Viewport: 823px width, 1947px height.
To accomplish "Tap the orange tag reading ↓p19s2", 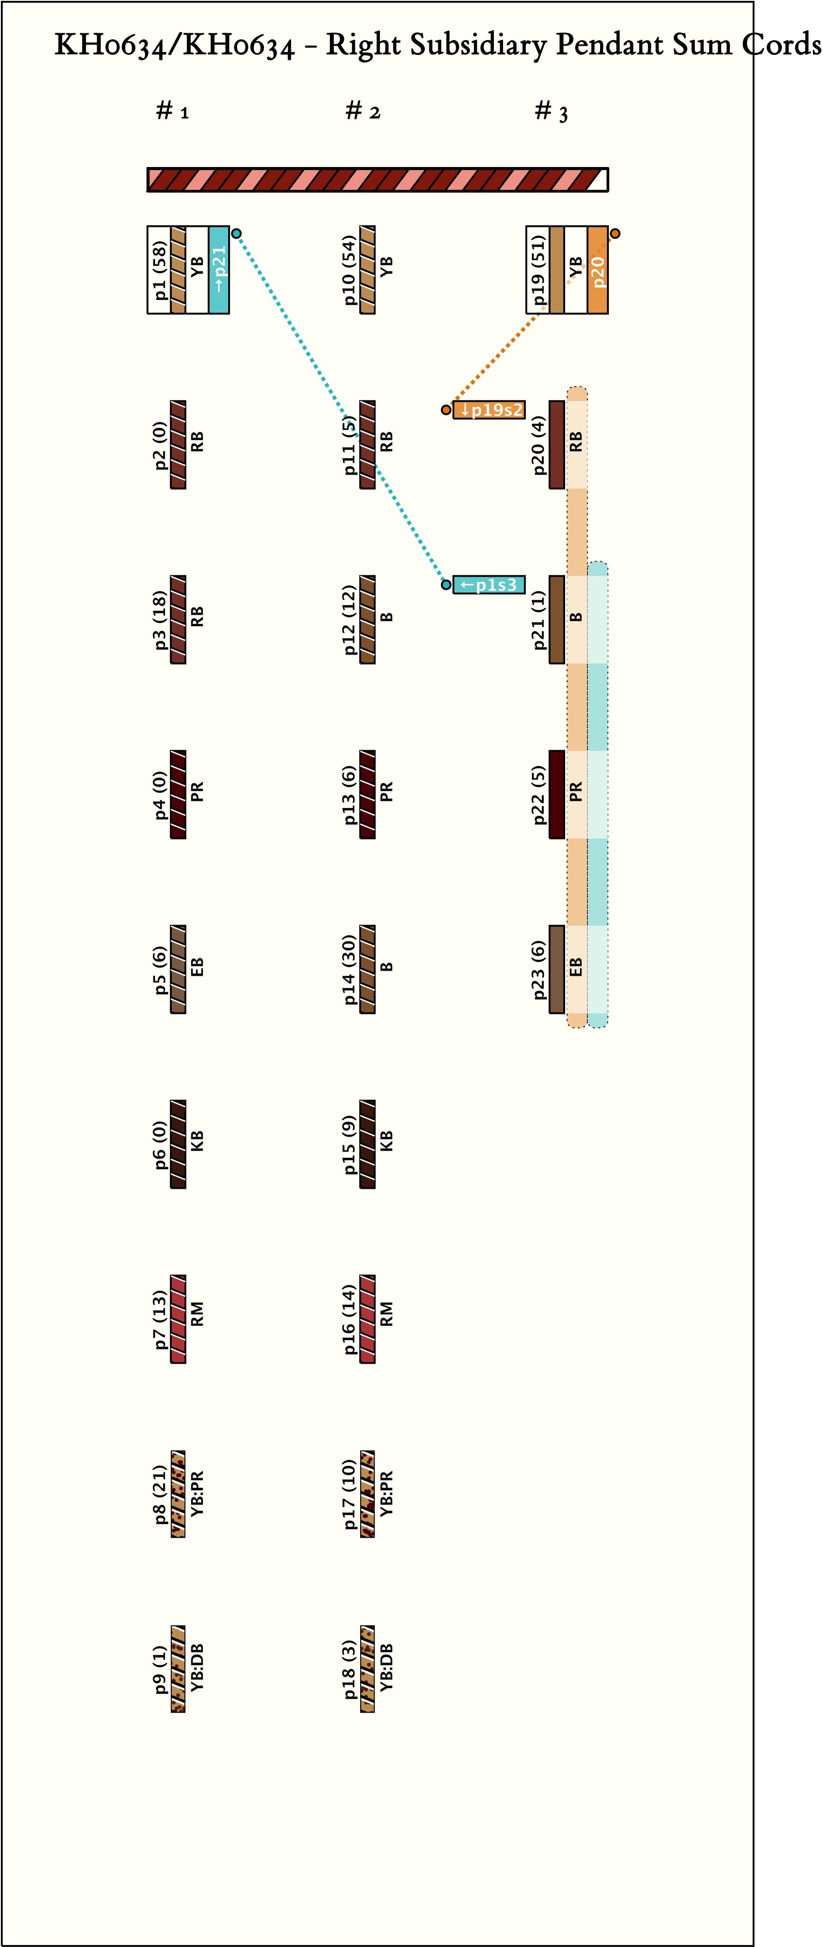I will coord(489,410).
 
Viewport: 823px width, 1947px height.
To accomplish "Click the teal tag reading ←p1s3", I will coord(489,584).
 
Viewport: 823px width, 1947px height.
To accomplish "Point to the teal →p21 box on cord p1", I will coord(219,269).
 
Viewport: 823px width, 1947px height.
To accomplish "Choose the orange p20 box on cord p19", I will coord(598,269).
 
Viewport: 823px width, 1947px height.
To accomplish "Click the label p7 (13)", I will coord(160,1319).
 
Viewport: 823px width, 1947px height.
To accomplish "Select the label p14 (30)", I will coord(349,969).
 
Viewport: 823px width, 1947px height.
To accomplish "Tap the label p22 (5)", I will coord(538,794).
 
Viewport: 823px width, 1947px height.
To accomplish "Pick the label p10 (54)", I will coord(349,269).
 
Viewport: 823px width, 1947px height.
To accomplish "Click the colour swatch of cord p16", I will coord(367,1319).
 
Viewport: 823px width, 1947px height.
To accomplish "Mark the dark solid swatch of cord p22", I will coord(556,794).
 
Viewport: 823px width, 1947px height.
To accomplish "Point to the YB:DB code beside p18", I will coord(386,1669).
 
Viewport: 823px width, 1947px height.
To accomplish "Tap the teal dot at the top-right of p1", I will coord(236,233).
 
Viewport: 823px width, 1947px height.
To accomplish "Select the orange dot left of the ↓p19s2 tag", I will coord(446,410).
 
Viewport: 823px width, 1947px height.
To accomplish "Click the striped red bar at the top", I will coord(377,180).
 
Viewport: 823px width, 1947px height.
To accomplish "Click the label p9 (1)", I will coord(160,1669).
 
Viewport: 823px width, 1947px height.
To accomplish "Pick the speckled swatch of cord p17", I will coord(367,1494).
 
